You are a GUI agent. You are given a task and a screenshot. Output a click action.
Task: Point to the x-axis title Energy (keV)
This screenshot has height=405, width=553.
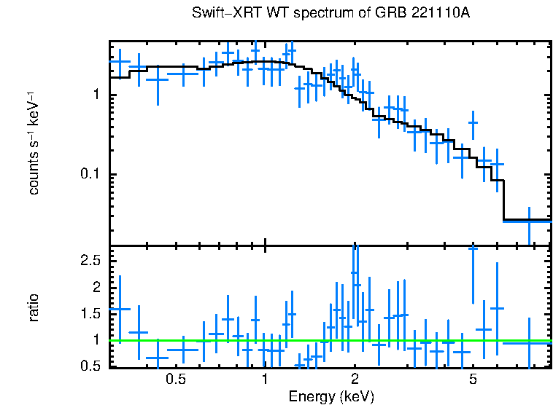(x=331, y=396)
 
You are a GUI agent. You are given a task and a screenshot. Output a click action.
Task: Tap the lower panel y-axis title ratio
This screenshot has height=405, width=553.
(x=34, y=308)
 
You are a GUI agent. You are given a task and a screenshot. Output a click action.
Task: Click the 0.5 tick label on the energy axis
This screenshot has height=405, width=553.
(x=175, y=380)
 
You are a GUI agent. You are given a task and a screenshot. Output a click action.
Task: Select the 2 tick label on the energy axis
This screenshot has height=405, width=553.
(x=355, y=380)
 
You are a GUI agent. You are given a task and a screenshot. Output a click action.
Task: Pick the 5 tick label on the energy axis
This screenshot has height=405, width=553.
(x=473, y=380)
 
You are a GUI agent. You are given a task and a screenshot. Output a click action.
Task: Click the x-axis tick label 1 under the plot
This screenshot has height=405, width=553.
(x=265, y=380)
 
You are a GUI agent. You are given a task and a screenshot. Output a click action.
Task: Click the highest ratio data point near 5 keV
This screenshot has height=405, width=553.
(x=473, y=248)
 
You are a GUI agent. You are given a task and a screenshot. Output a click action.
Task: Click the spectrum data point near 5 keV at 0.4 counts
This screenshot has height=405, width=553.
(x=473, y=123)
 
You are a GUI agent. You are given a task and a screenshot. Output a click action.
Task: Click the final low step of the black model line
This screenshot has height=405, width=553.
(x=527, y=219)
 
